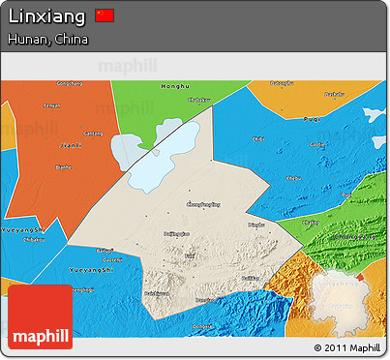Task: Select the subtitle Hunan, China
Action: click(47, 40)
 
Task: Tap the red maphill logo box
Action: click(41, 317)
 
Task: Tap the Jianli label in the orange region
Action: click(70, 144)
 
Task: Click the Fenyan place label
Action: click(53, 105)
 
